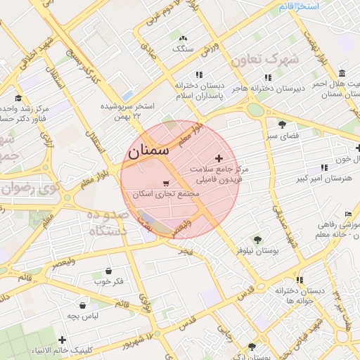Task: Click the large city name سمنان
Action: [149, 150]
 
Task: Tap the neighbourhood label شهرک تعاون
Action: [269, 60]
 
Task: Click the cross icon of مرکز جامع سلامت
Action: [219, 158]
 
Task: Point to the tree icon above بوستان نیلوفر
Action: [257, 239]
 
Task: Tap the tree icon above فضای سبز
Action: [282, 124]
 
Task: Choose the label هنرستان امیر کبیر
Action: [325, 179]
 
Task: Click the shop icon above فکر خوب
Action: [109, 271]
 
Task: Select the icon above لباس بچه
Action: [84, 306]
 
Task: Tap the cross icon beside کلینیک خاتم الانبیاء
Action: [63, 340]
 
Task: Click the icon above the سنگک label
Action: [184, 38]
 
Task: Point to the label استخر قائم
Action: [298, 6]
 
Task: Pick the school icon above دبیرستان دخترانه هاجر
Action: [267, 77]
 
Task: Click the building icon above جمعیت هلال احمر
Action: [342, 74]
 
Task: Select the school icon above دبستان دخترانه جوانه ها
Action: [300, 280]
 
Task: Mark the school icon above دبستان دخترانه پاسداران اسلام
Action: [200, 74]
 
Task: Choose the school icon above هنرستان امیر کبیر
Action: [324, 167]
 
